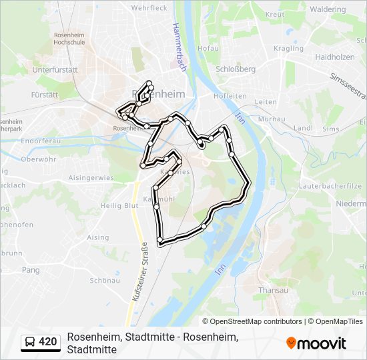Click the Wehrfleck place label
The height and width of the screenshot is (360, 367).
[149, 8]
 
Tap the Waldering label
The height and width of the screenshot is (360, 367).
[328, 9]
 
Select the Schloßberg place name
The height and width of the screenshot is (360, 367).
[236, 69]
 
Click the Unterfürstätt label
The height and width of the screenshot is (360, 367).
[56, 69]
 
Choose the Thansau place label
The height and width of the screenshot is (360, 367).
[272, 290]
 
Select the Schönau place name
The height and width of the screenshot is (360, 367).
[104, 281]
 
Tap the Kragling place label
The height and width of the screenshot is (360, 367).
[288, 49]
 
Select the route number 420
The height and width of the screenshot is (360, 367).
[48, 342]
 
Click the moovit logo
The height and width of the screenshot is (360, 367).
[316, 343]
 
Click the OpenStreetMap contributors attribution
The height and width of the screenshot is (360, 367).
[256, 321]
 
